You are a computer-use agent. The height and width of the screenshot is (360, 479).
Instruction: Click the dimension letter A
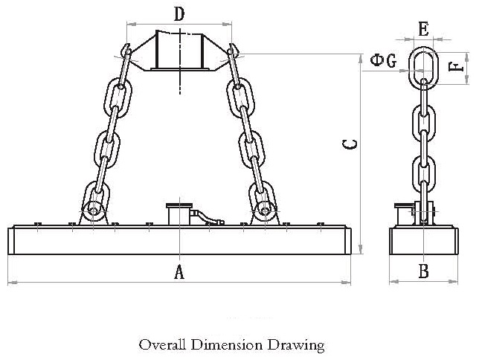179,272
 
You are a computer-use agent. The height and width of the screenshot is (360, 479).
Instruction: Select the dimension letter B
423,271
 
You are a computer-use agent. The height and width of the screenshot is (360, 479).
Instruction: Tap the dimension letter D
179,13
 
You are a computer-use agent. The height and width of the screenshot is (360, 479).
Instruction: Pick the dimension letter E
423,29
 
